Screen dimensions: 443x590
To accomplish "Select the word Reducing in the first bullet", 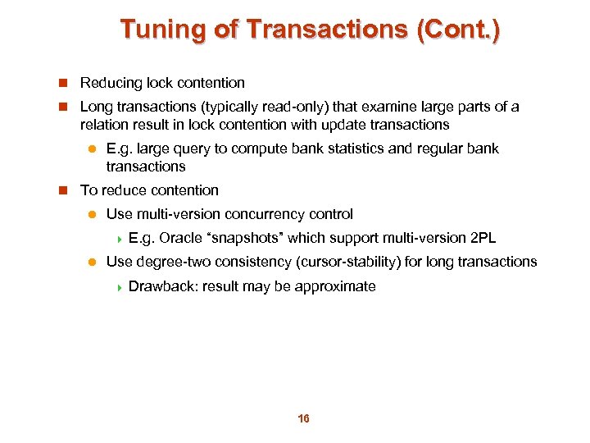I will (x=111, y=83).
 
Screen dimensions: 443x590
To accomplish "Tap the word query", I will (x=205, y=148).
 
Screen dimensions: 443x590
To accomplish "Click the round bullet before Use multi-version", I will (x=93, y=214).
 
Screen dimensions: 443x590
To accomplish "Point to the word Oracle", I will (x=181, y=238).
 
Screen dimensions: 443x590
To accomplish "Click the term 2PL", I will (x=481, y=238).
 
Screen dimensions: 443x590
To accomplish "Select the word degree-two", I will (x=175, y=262).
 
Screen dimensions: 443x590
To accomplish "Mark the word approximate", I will (x=336, y=286).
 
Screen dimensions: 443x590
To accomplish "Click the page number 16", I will (x=303, y=419).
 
